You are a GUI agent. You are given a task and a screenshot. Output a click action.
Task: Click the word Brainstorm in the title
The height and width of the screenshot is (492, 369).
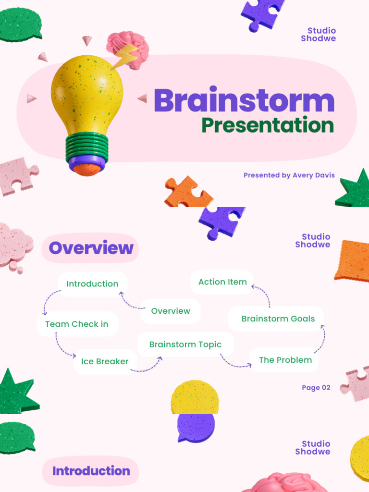pyautogui.click(x=244, y=101)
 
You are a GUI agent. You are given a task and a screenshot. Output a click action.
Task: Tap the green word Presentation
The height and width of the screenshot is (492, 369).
pyautogui.click(x=267, y=125)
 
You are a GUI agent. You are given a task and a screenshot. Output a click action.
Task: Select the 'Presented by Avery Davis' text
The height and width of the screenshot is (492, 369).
pyautogui.click(x=289, y=175)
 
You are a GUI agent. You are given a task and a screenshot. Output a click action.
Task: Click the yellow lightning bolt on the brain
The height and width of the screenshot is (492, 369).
pyautogui.click(x=126, y=57)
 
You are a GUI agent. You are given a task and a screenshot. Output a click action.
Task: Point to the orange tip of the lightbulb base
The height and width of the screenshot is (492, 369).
pyautogui.click(x=87, y=169)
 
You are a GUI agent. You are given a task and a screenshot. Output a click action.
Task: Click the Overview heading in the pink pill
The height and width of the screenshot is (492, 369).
pyautogui.click(x=91, y=248)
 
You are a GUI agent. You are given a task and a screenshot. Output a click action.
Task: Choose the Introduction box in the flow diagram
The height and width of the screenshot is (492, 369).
pyautogui.click(x=92, y=283)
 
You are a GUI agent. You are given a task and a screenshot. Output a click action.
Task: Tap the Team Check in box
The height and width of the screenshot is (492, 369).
pyautogui.click(x=77, y=324)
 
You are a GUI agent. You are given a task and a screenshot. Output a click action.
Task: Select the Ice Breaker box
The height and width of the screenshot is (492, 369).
pyautogui.click(x=105, y=361)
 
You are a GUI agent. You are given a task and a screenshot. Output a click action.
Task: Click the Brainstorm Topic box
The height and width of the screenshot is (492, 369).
pyautogui.click(x=185, y=344)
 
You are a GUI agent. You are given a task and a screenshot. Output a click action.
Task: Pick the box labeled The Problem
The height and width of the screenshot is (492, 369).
pyautogui.click(x=285, y=360)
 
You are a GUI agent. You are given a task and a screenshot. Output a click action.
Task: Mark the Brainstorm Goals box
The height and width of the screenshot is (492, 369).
pyautogui.click(x=278, y=319)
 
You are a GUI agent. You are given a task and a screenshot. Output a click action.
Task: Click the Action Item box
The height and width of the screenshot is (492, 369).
pyautogui.click(x=222, y=282)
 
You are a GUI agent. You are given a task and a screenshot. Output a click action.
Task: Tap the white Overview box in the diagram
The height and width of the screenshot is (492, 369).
pyautogui.click(x=171, y=311)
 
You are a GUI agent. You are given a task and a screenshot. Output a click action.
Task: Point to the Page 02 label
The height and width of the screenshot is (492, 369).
pyautogui.click(x=316, y=388)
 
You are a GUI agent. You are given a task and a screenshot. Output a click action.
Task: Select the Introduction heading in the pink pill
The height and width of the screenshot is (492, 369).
pyautogui.click(x=91, y=471)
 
